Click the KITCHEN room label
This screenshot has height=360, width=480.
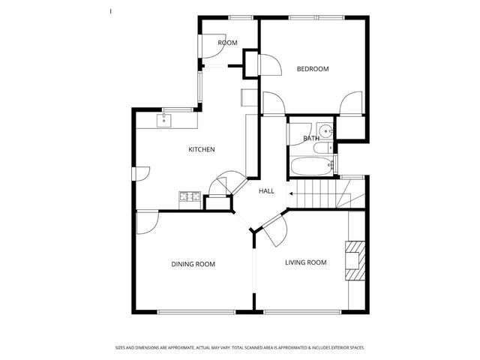[201, 149]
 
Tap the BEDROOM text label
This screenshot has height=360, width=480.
[313, 69]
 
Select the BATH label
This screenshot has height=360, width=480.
[311, 139]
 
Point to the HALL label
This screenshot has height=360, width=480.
[266, 191]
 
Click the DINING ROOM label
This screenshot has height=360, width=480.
[193, 263]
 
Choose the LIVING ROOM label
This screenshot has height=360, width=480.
[306, 262]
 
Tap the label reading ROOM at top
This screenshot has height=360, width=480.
[227, 43]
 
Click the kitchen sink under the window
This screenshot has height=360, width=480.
[166, 119]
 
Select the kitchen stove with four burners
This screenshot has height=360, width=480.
[190, 198]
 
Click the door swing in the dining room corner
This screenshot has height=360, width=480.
[147, 223]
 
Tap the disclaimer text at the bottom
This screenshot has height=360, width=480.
[240, 348]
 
